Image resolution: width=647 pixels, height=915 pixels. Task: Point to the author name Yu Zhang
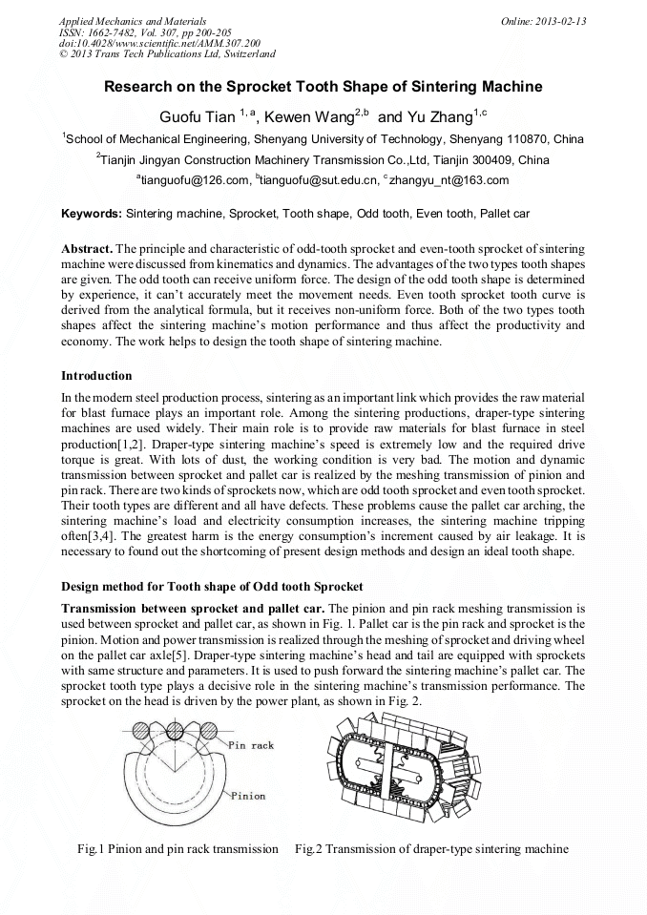pyautogui.click(x=435, y=117)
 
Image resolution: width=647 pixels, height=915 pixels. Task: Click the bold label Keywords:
pyautogui.click(x=92, y=213)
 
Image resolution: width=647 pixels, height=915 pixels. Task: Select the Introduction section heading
pyautogui.click(x=96, y=376)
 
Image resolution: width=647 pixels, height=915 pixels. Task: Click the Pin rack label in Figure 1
pyautogui.click(x=251, y=745)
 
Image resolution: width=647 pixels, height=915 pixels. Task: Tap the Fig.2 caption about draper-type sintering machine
pyautogui.click(x=431, y=848)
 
